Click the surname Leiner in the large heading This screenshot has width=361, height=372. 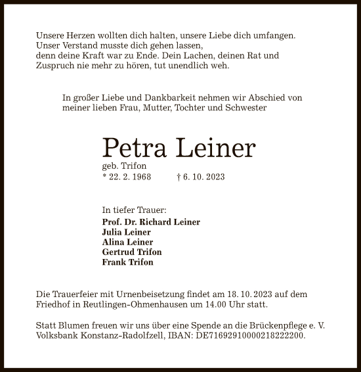coord(214,148)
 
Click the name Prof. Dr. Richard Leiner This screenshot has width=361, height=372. coord(151,222)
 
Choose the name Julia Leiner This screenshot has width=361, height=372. coord(126,232)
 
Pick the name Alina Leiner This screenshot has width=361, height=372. coord(127,242)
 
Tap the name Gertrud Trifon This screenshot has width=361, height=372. coord(132,252)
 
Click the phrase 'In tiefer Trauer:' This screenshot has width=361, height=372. coord(134,210)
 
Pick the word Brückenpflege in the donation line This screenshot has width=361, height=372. coord(263,325)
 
